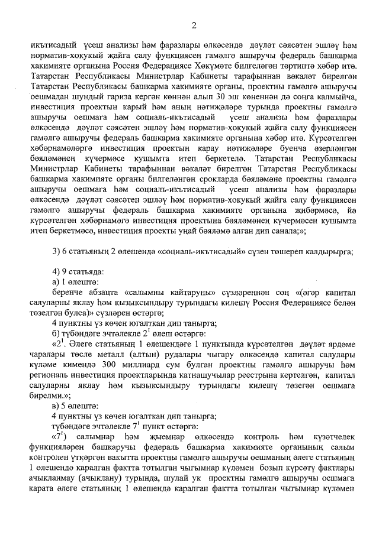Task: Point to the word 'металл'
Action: pyautogui.click(x=131, y=354)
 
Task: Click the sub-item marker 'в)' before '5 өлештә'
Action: pyautogui.click(x=56, y=406)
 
